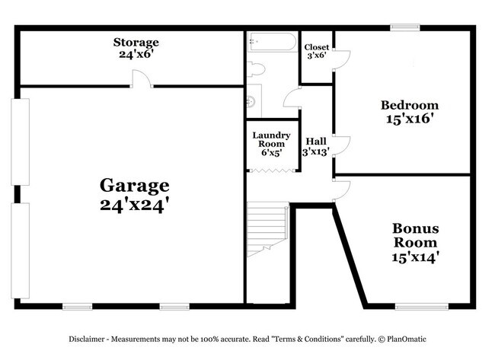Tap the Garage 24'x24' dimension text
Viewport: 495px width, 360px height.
pos(135,205)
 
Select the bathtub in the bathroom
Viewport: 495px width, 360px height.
pos(272,42)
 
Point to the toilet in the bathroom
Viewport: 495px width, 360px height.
pos(256,69)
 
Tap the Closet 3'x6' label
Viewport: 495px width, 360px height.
pos(316,52)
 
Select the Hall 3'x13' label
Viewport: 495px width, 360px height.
pos(316,147)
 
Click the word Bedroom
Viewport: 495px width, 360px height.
pos(410,105)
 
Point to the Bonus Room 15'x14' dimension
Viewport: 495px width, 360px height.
pos(416,257)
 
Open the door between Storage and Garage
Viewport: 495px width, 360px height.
pos(141,78)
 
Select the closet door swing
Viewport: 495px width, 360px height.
pos(342,59)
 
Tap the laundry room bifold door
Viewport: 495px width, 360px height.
pos(272,170)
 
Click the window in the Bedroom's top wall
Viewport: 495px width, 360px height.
pos(405,27)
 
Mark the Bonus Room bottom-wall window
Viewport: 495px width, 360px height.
pos(422,306)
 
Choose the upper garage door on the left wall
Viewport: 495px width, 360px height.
pos(21,142)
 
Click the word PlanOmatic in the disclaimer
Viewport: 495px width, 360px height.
pos(407,339)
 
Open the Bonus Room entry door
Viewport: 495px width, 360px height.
pos(342,191)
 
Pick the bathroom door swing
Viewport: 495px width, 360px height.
pos(292,97)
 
